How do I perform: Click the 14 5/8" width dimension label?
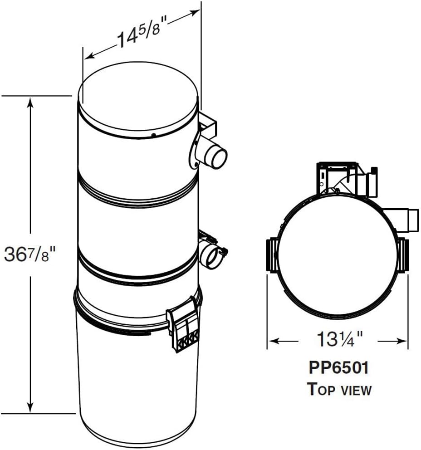click(x=141, y=35)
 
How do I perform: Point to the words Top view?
click(x=339, y=389)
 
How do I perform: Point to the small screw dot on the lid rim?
click(x=154, y=135)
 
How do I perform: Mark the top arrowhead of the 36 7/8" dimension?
click(x=30, y=103)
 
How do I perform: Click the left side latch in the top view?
click(x=271, y=255)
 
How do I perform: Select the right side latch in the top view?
click(x=403, y=255)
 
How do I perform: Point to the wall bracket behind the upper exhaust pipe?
click(x=208, y=126)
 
